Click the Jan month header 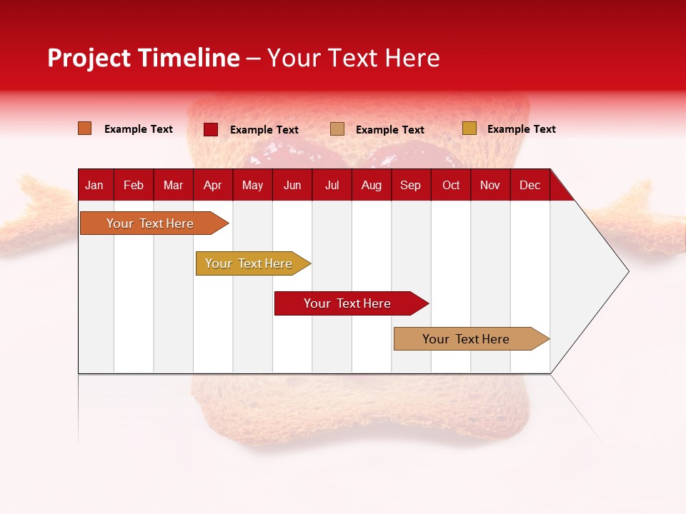coord(94,186)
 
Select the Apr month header coord(213,186)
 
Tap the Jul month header coord(332,186)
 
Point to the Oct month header coord(451,186)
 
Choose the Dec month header coord(530,186)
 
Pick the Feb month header coord(134,186)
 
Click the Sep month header coord(410,186)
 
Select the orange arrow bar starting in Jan coord(154,223)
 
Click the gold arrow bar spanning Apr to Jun coord(253,263)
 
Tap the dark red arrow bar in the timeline coord(352,303)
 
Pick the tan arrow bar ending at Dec coord(472,338)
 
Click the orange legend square coord(85,128)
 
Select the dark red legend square coord(211,129)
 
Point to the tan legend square coord(337,129)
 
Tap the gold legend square coord(469,128)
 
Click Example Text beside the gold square coord(522,129)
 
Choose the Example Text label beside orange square coord(139,129)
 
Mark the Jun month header coord(292,186)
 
